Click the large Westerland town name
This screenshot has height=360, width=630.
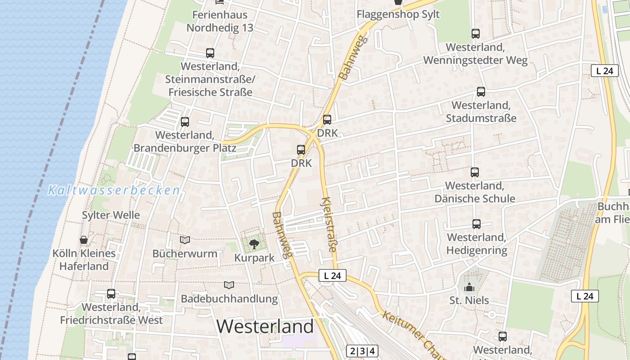click(x=265, y=326)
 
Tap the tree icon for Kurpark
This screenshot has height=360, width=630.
click(x=254, y=244)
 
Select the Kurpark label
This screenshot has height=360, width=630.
click(x=254, y=258)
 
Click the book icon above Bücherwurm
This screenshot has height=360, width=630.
click(x=185, y=240)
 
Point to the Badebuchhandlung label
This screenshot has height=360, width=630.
click(x=229, y=298)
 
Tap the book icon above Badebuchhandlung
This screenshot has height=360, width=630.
click(x=229, y=285)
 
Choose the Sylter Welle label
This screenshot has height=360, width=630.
click(x=111, y=215)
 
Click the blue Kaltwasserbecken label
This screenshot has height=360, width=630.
click(x=114, y=190)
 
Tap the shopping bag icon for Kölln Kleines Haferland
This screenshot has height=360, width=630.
click(x=84, y=240)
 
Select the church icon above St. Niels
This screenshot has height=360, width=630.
click(x=469, y=287)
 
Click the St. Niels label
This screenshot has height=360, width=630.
click(x=469, y=300)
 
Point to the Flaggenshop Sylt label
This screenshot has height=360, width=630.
click(x=398, y=14)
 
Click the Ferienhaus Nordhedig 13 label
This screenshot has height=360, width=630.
click(x=220, y=21)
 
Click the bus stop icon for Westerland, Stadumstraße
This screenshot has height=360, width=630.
click(x=481, y=92)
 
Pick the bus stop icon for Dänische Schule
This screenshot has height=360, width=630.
click(x=475, y=172)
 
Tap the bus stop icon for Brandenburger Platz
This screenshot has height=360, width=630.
click(x=184, y=122)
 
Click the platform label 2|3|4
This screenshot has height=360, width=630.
click(x=362, y=351)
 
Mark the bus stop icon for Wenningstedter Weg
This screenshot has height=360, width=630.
click(x=475, y=34)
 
